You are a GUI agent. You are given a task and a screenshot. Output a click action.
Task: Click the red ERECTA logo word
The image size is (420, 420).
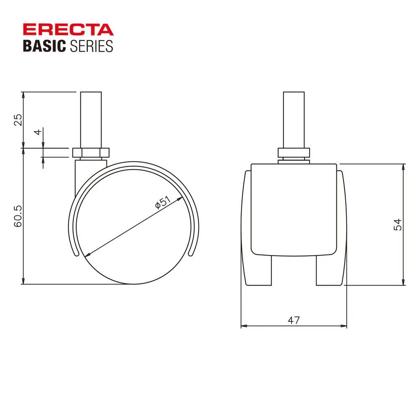click(68, 29)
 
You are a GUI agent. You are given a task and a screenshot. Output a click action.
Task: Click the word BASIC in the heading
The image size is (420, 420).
click(45, 46)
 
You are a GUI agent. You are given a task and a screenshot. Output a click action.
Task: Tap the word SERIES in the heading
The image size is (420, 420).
click(91, 46)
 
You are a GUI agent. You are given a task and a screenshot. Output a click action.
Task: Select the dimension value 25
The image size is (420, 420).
click(18, 120)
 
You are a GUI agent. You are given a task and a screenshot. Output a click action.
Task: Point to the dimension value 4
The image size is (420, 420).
click(38, 132)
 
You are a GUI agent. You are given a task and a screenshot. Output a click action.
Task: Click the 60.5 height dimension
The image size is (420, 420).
click(18, 216)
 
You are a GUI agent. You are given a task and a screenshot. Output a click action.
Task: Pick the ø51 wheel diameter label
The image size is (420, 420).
click(163, 202)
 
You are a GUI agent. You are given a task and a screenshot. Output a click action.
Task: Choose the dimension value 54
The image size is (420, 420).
click(398, 224)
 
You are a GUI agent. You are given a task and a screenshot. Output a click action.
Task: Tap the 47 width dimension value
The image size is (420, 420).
click(294, 320)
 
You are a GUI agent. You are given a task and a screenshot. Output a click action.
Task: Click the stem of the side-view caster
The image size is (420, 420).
click(91, 120)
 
